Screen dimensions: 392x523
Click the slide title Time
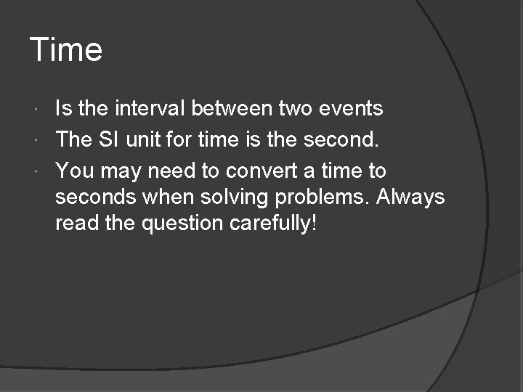pyautogui.click(x=66, y=50)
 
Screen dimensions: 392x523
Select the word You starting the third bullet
pyautogui.click(x=73, y=171)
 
